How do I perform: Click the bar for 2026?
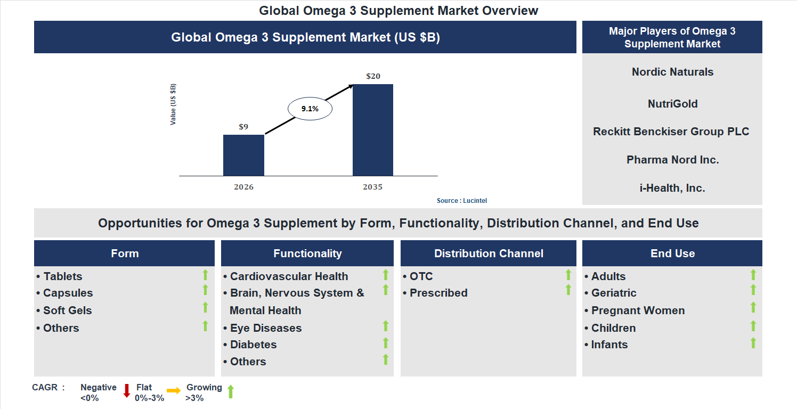pyautogui.click(x=243, y=155)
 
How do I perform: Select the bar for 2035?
pyautogui.click(x=373, y=130)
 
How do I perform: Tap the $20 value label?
pyautogui.click(x=373, y=76)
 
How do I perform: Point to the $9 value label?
pyautogui.click(x=243, y=127)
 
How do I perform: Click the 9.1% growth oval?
pyautogui.click(x=310, y=109)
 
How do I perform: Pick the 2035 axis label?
pyautogui.click(x=373, y=187)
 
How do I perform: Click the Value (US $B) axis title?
pyautogui.click(x=173, y=104)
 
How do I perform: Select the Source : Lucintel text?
pyautogui.click(x=462, y=201)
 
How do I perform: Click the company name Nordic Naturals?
pyautogui.click(x=672, y=72)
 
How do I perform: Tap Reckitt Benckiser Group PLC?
pyautogui.click(x=671, y=132)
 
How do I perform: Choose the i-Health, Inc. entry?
pyautogui.click(x=672, y=188)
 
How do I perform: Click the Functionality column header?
pyautogui.click(x=307, y=253)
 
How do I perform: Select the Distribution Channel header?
pyautogui.click(x=489, y=253)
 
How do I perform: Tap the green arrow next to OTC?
pyautogui.click(x=568, y=275)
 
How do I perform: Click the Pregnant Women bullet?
pyautogui.click(x=637, y=310)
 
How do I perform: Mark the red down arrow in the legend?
pyautogui.click(x=127, y=391)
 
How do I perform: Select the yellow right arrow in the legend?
pyautogui.click(x=174, y=391)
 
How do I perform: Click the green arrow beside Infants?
pyautogui.click(x=753, y=343)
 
